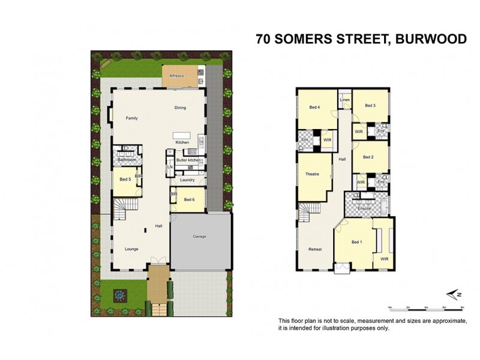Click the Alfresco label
pos(176,76)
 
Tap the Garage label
pos(199,236)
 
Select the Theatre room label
pos(312,174)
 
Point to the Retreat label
pos(314,249)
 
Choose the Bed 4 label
pos(314,107)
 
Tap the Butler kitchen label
pos(188,160)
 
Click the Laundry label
pos(186,180)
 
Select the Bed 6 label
pos(189,199)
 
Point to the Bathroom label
pos(127,160)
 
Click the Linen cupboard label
pos(344,100)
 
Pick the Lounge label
pos(131,248)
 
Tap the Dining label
pos(180,108)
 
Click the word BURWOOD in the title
pos(428,40)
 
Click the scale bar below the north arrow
pos(428,307)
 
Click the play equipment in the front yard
pos(119,295)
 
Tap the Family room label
pos(131,118)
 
